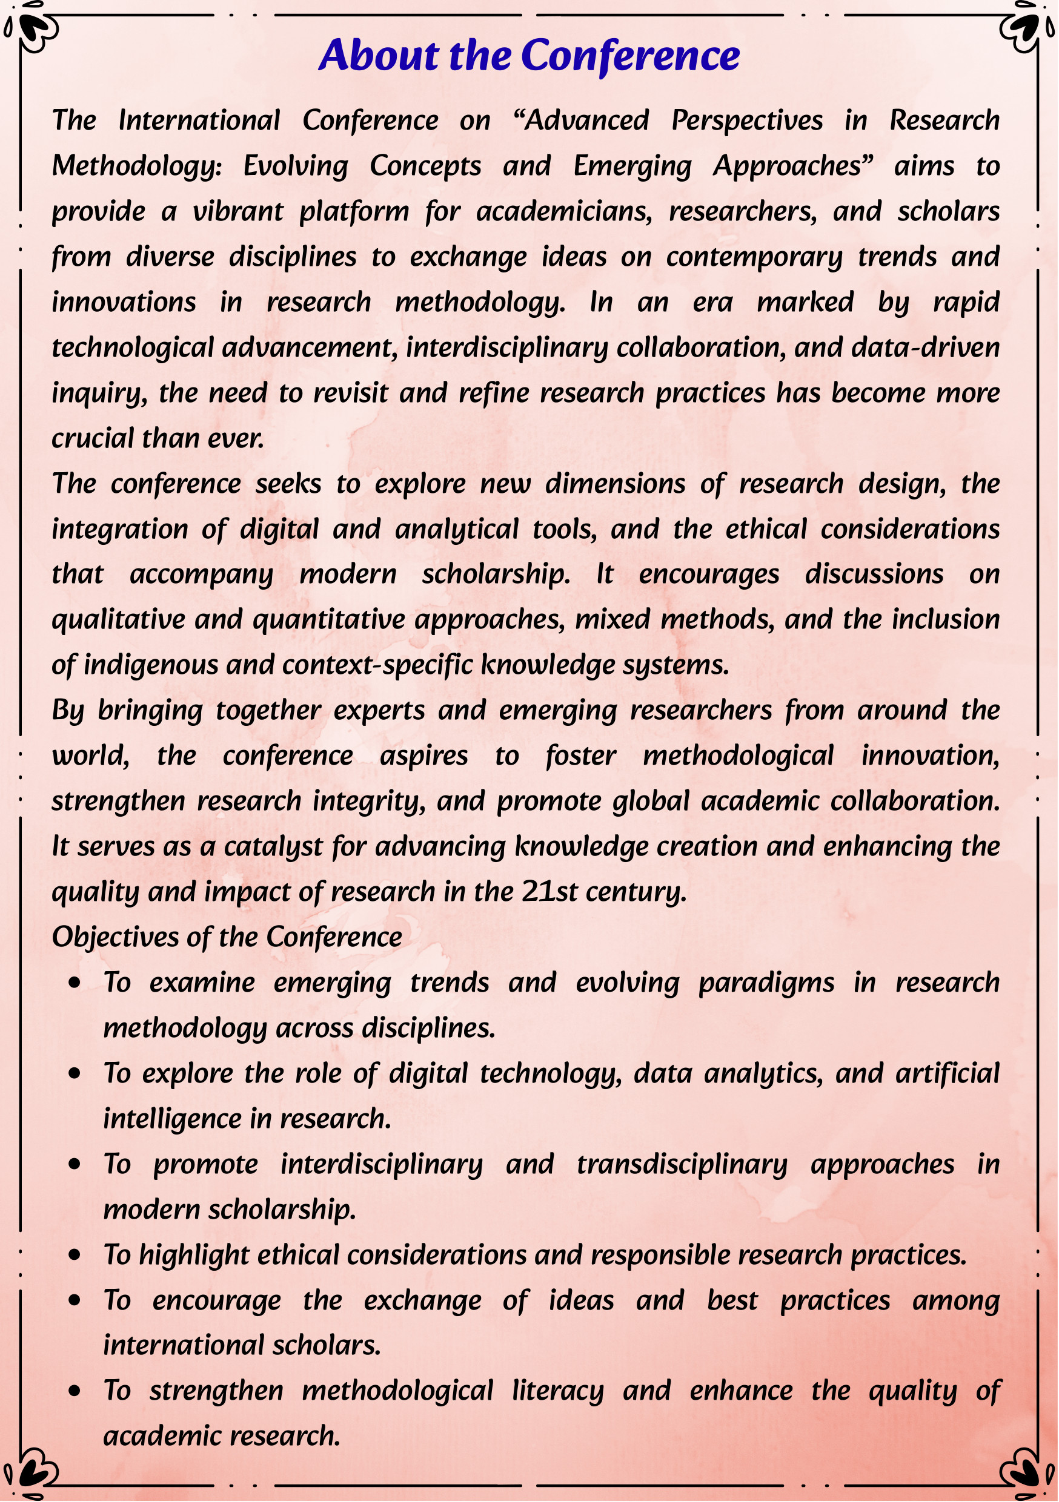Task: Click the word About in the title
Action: coord(378,55)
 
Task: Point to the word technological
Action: coord(133,348)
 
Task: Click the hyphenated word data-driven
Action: coord(926,348)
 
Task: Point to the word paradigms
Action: coord(766,983)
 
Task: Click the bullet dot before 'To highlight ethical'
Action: coord(75,1256)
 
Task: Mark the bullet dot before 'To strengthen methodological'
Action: coord(75,1391)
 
